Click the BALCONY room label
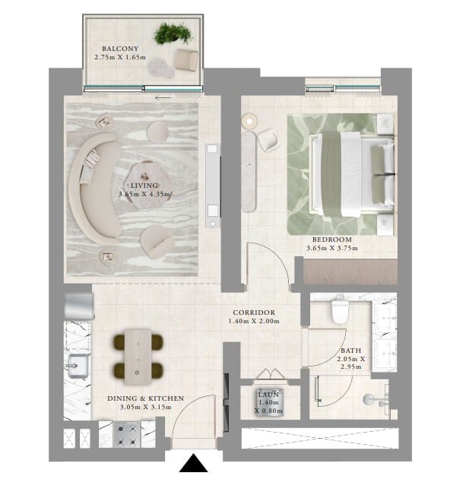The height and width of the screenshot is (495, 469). [120, 49]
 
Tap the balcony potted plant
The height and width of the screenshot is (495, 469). [173, 33]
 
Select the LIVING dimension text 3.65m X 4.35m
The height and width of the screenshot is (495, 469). [144, 194]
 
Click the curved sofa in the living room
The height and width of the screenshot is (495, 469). [95, 186]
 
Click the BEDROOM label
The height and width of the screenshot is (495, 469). [332, 240]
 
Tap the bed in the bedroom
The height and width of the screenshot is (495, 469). [352, 174]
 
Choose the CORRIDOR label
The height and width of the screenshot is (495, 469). [254, 313]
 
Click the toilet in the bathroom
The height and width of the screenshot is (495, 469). [340, 312]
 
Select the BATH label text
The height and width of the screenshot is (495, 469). [351, 351]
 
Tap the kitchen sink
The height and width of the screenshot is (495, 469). [78, 366]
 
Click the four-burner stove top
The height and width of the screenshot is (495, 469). [127, 434]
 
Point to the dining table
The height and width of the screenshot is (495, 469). [138, 357]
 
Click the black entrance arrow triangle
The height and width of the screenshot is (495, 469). [194, 463]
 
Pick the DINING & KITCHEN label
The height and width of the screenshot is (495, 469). [145, 398]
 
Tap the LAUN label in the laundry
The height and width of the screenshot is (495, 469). [268, 395]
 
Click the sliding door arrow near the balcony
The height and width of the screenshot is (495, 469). [163, 97]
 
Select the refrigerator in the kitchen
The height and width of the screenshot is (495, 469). [79, 306]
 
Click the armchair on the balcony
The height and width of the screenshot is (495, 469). [186, 59]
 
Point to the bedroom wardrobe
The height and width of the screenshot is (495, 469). [350, 271]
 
